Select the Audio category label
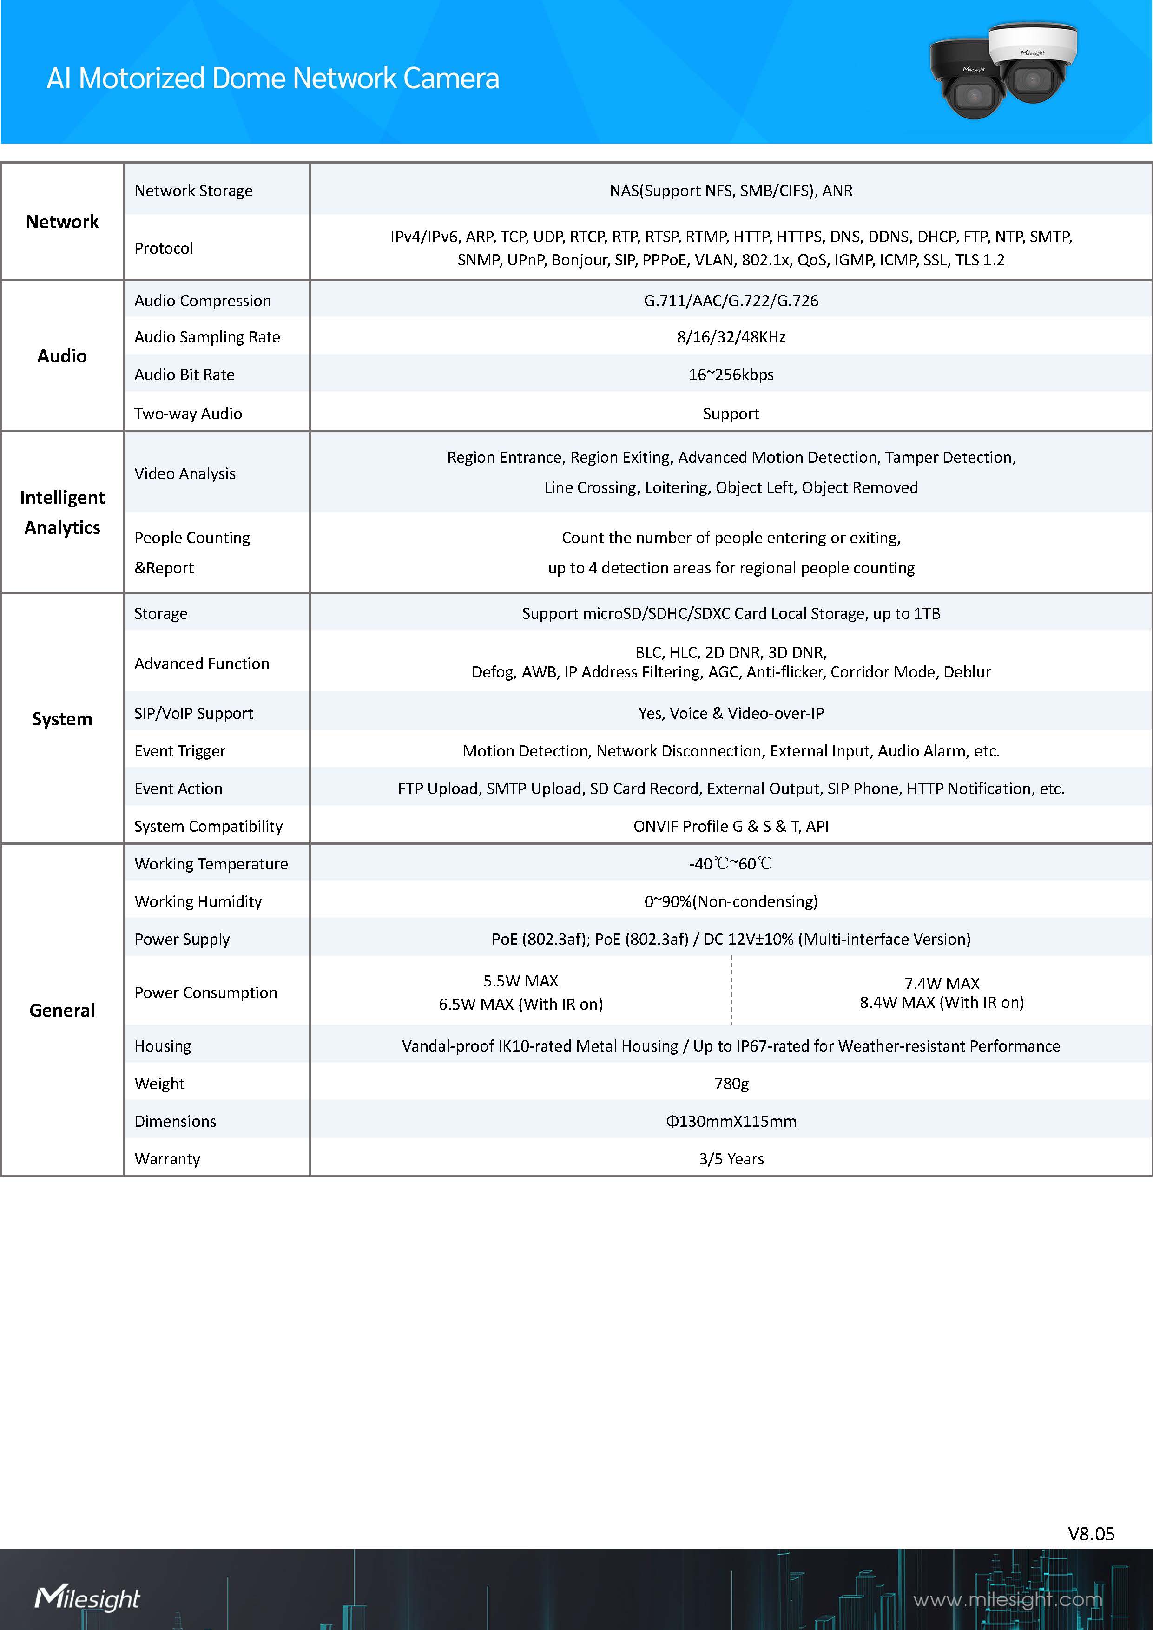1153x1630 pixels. tap(62, 355)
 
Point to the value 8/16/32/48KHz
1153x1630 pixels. tap(731, 337)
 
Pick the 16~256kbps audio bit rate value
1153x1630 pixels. tap(731, 375)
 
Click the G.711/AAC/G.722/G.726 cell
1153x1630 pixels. tap(731, 301)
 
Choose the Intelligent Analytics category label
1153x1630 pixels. tap(62, 512)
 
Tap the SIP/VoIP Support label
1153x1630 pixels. tap(194, 714)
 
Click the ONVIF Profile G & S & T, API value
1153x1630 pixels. tap(731, 826)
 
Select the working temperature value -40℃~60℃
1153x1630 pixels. tap(731, 864)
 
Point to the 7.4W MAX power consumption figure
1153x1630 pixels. tap(942, 983)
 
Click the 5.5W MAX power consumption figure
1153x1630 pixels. tap(520, 981)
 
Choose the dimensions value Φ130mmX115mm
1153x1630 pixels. tap(731, 1121)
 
